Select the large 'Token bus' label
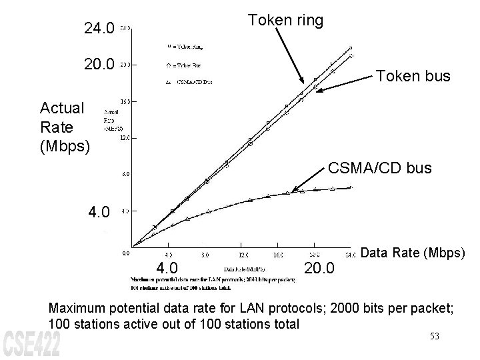(x=413, y=77)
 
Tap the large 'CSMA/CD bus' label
(x=380, y=169)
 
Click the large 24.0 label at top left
(x=99, y=29)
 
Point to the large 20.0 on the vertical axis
(x=99, y=65)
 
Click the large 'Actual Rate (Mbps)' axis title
(x=62, y=126)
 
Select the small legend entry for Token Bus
(x=185, y=65)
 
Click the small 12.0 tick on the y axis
(x=125, y=139)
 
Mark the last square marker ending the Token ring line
(x=351, y=48)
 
